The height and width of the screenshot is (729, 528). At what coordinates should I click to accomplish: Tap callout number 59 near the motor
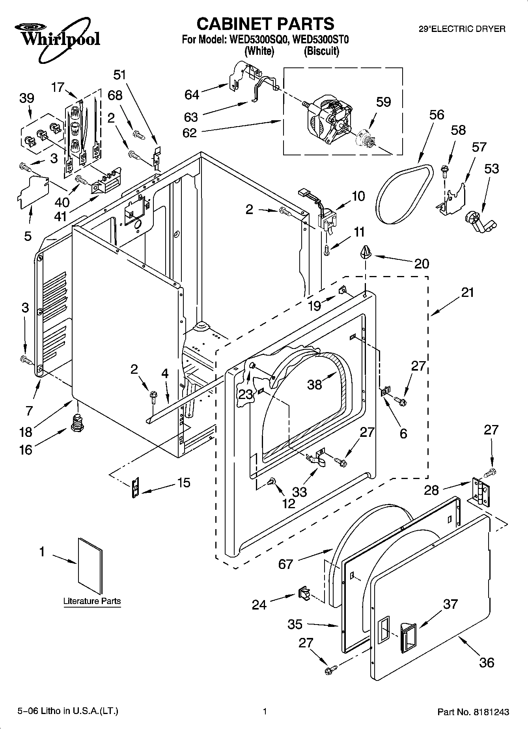(x=383, y=102)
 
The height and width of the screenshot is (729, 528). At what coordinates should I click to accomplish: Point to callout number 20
(x=421, y=263)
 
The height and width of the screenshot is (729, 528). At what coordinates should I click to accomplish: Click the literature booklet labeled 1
(x=90, y=566)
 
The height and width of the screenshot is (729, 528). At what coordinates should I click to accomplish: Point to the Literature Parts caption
(x=92, y=601)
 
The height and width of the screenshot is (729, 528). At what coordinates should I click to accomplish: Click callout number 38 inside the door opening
(x=314, y=384)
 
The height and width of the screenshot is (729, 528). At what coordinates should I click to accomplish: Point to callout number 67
(x=285, y=564)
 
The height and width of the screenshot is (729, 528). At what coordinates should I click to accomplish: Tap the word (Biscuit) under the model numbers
(x=321, y=51)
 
